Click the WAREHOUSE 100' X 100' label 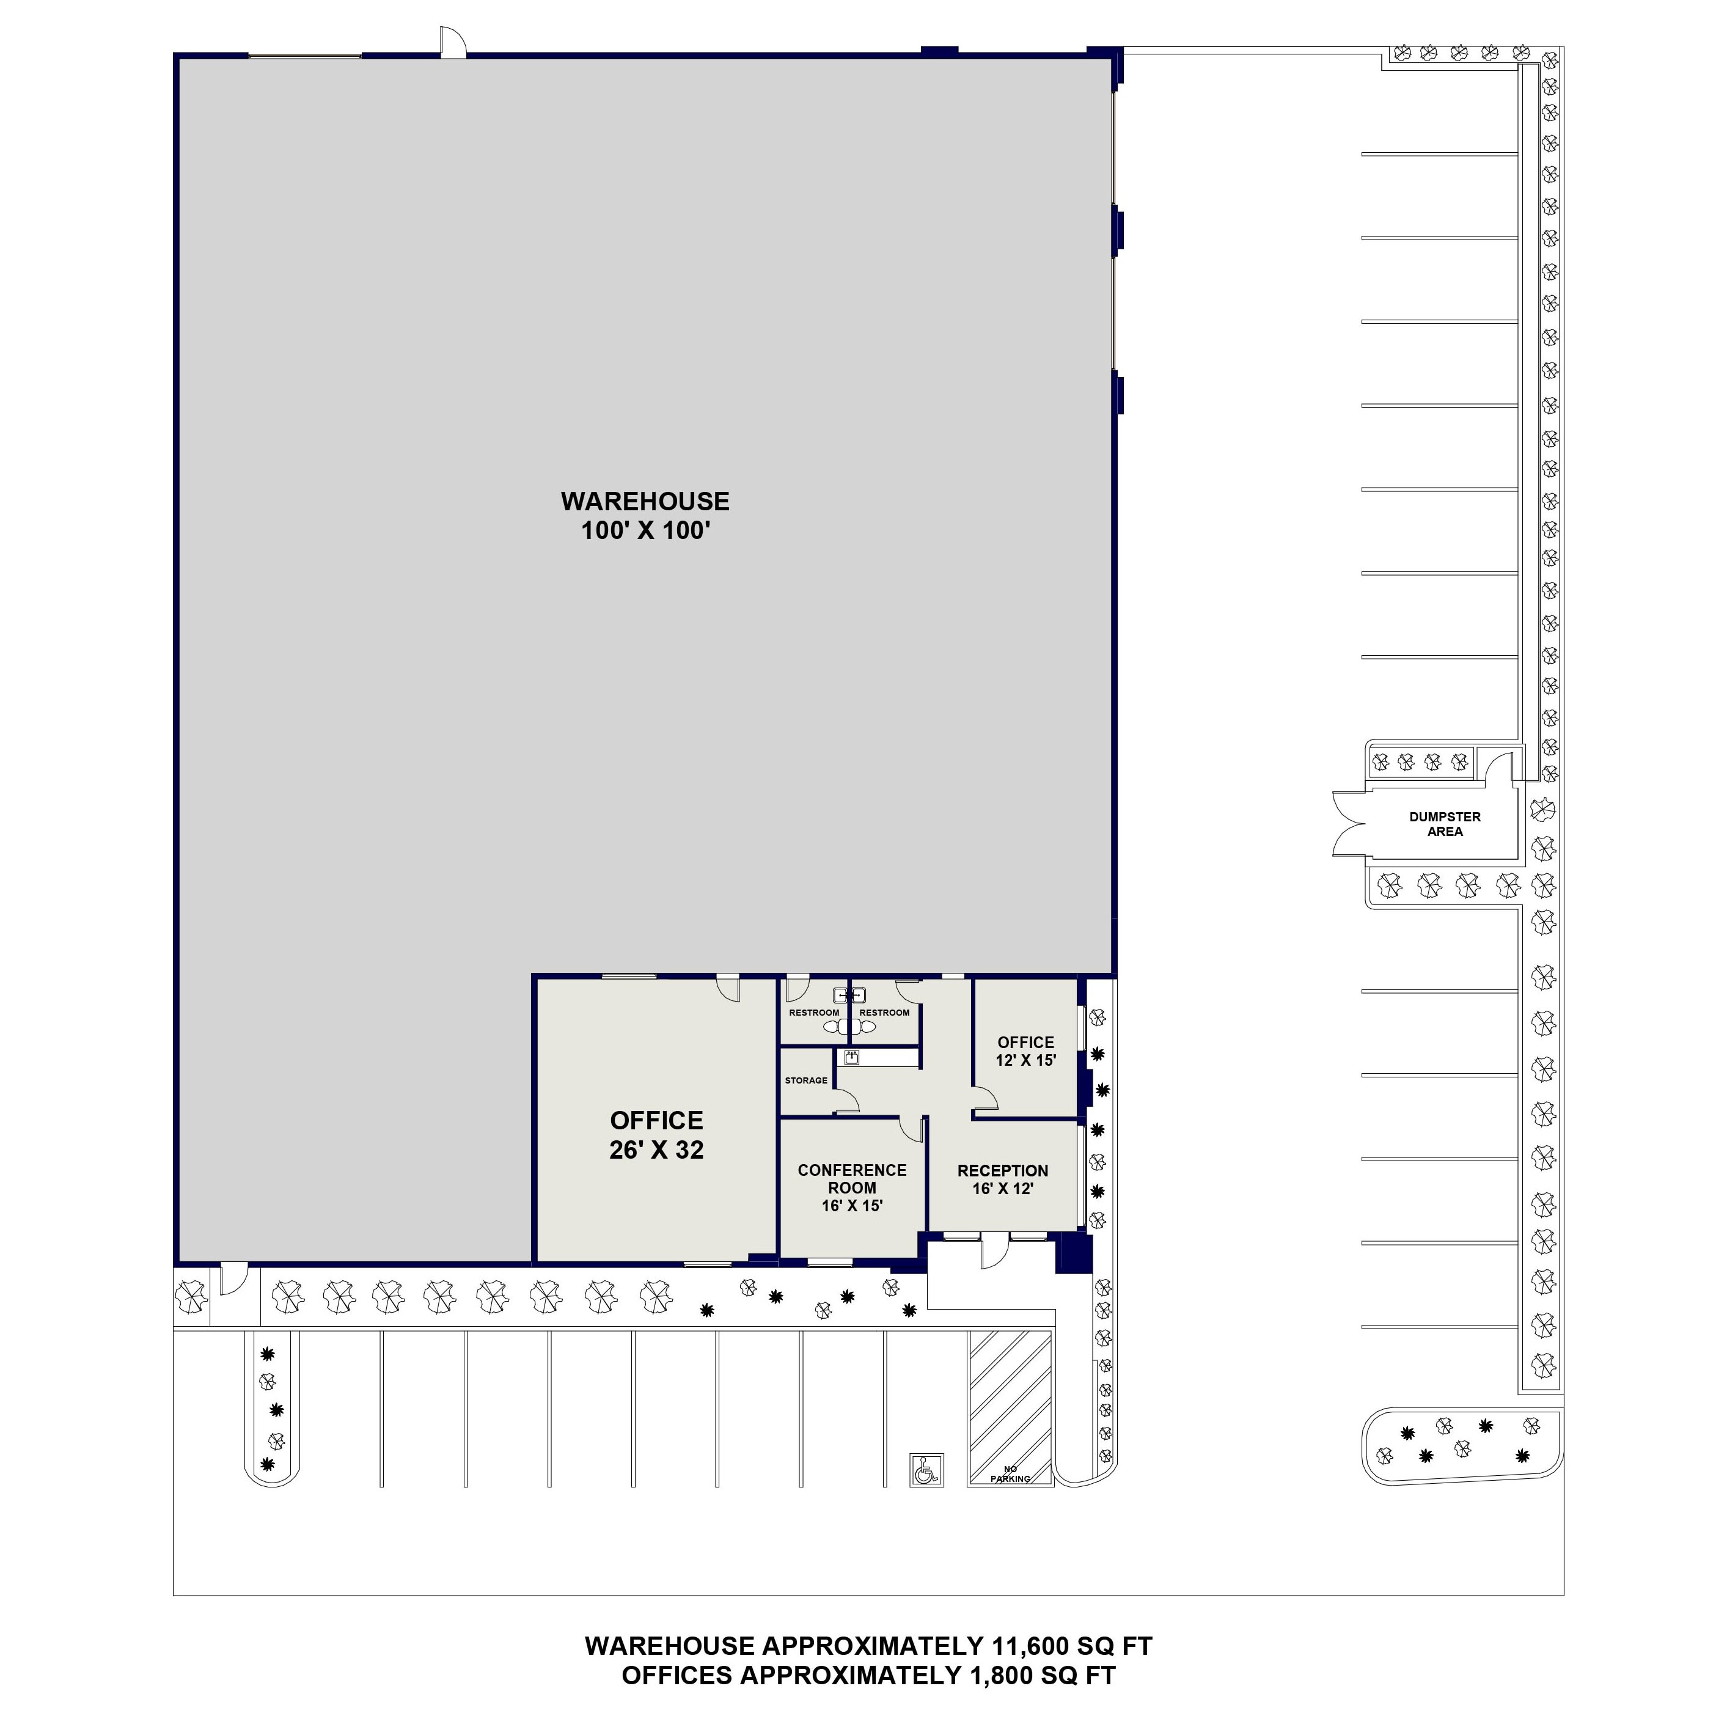click(645, 516)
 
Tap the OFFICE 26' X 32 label click(656, 1134)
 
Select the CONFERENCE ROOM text click(852, 1179)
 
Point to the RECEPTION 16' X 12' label click(1003, 1179)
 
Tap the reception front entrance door click(994, 1252)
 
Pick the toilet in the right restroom click(866, 1027)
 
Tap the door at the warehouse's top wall click(452, 43)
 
